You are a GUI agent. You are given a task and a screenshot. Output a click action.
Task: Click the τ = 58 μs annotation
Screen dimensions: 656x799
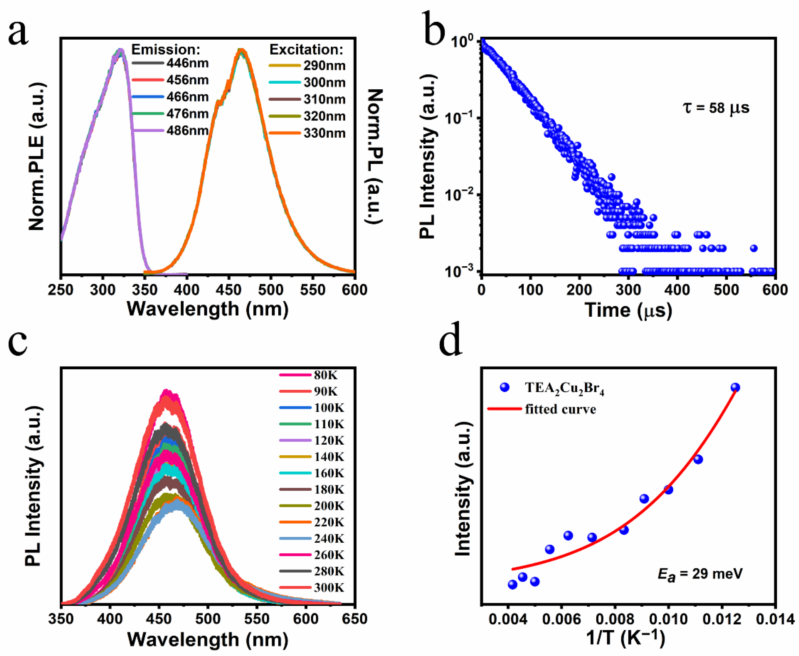pyautogui.click(x=716, y=108)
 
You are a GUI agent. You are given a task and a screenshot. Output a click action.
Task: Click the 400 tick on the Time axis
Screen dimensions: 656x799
pyautogui.click(x=677, y=290)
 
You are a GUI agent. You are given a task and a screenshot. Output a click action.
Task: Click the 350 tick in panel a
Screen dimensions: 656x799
pyautogui.click(x=145, y=290)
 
